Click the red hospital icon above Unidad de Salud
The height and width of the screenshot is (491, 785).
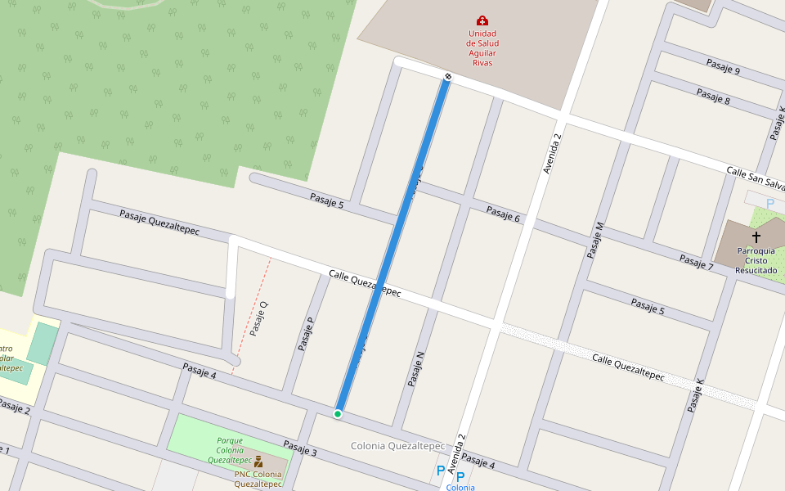pyautogui.click(x=482, y=20)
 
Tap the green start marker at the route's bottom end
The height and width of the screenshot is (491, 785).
pyautogui.click(x=337, y=414)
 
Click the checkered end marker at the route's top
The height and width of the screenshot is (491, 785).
pyautogui.click(x=447, y=76)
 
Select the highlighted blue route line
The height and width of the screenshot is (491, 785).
pyautogui.click(x=392, y=245)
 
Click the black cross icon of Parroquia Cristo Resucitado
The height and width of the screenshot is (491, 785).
pyautogui.click(x=756, y=236)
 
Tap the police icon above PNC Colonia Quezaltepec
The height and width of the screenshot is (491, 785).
pyautogui.click(x=258, y=462)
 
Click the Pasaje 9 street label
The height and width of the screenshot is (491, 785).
pyautogui.click(x=723, y=67)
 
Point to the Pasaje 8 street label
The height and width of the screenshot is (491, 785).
pyautogui.click(x=713, y=96)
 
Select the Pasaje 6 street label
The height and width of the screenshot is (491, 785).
pyautogui.click(x=503, y=214)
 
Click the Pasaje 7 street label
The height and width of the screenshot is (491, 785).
pyautogui.click(x=696, y=262)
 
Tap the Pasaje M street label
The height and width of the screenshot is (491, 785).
pyautogui.click(x=596, y=240)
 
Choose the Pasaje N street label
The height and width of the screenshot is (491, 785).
pyautogui.click(x=416, y=369)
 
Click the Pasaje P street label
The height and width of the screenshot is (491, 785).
pyautogui.click(x=307, y=334)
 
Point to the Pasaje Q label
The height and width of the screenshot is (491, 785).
pyautogui.click(x=259, y=319)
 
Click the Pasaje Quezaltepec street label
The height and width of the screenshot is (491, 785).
pyautogui.click(x=159, y=221)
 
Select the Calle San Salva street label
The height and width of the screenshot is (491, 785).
pyautogui.click(x=755, y=177)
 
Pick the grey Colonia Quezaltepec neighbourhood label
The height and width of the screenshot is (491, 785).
pyautogui.click(x=397, y=446)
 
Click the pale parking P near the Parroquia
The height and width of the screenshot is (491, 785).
pyautogui.click(x=769, y=203)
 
